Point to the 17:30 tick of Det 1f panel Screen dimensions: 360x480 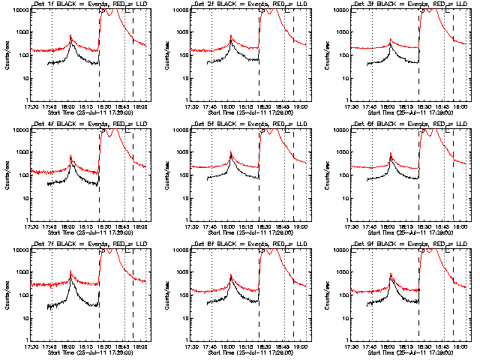click(x=31, y=106)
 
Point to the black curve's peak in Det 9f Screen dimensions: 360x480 click(x=391, y=282)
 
